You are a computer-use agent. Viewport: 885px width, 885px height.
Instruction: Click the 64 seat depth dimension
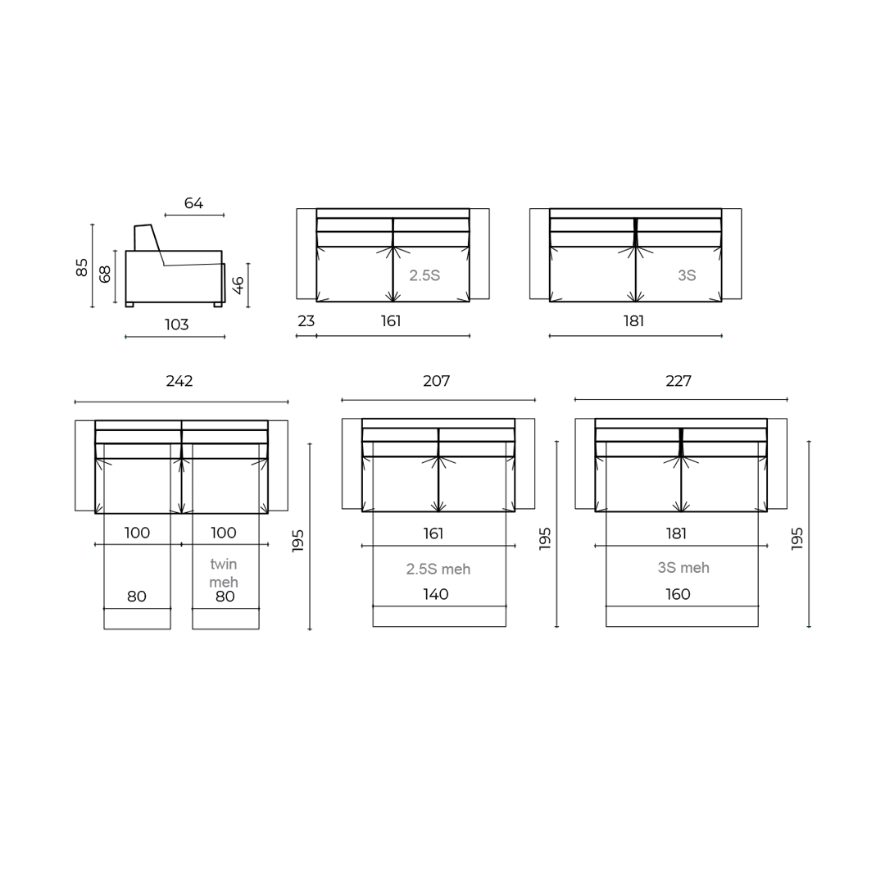pos(193,203)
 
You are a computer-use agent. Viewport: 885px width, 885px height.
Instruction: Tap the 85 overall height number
pos(82,267)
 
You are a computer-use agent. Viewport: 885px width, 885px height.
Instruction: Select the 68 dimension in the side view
pos(105,275)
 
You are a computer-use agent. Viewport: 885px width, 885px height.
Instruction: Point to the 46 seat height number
pos(238,285)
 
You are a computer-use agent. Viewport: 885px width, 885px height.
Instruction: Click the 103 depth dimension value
pos(176,325)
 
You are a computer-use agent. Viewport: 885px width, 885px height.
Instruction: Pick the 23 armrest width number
pos(306,321)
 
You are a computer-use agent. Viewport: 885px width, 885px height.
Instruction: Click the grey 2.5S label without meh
pos(424,276)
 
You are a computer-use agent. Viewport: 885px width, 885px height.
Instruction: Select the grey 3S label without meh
pos(687,276)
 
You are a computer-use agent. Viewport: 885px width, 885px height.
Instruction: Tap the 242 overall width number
pos(179,381)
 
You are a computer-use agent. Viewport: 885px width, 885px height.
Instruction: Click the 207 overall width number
pos(436,381)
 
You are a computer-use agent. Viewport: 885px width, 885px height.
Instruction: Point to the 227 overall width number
pos(678,381)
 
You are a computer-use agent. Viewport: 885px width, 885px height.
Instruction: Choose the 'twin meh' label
pos(224,573)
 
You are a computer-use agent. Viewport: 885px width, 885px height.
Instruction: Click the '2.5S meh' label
pos(438,569)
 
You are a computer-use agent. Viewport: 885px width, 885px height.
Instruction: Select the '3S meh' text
pos(683,568)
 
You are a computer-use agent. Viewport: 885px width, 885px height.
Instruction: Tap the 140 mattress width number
pos(436,595)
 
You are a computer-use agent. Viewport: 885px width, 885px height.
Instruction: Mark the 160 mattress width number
pos(678,595)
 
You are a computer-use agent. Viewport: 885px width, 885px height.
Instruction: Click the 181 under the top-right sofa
pos(633,321)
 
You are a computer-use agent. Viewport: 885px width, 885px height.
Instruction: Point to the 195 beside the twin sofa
pos(298,540)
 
